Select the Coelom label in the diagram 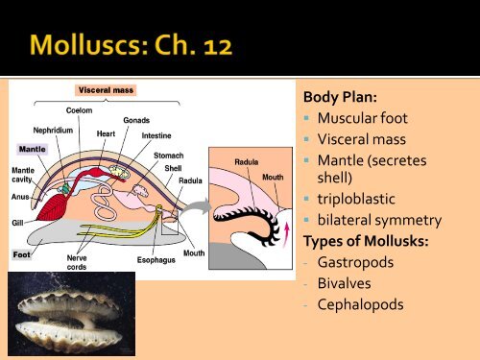click(x=65, y=110)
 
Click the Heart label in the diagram click(x=108, y=134)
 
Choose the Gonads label click(x=135, y=119)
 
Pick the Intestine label click(x=156, y=135)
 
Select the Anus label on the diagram click(x=20, y=196)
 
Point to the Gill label click(x=17, y=222)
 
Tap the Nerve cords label click(x=78, y=262)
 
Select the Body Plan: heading click(x=337, y=98)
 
